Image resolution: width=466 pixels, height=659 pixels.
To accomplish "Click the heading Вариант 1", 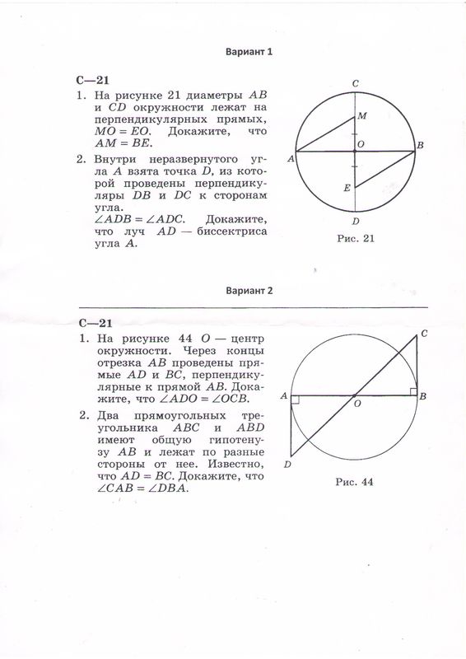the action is click(249, 51).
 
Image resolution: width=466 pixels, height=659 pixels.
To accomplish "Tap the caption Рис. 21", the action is click(356, 239).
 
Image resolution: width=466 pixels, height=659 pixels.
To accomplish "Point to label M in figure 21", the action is click(362, 117).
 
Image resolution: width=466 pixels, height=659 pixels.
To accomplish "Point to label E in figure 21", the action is click(347, 189).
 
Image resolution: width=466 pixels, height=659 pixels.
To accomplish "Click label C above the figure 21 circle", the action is click(355, 83).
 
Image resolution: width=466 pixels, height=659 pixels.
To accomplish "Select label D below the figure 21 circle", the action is click(355, 221).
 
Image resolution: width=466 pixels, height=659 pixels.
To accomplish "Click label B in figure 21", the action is click(420, 146).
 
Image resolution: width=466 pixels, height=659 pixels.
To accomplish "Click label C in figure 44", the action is click(423, 333).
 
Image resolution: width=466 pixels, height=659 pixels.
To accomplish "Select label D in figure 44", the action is click(287, 465).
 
